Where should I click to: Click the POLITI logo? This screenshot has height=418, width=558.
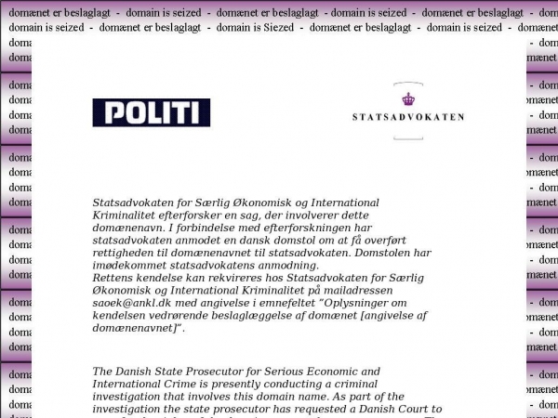click(x=152, y=112)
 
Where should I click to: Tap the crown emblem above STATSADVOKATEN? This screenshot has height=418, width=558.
click(x=407, y=98)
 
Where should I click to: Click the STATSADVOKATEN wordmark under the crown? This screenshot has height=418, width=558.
click(x=408, y=117)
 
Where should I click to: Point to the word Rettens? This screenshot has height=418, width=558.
click(x=115, y=278)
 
